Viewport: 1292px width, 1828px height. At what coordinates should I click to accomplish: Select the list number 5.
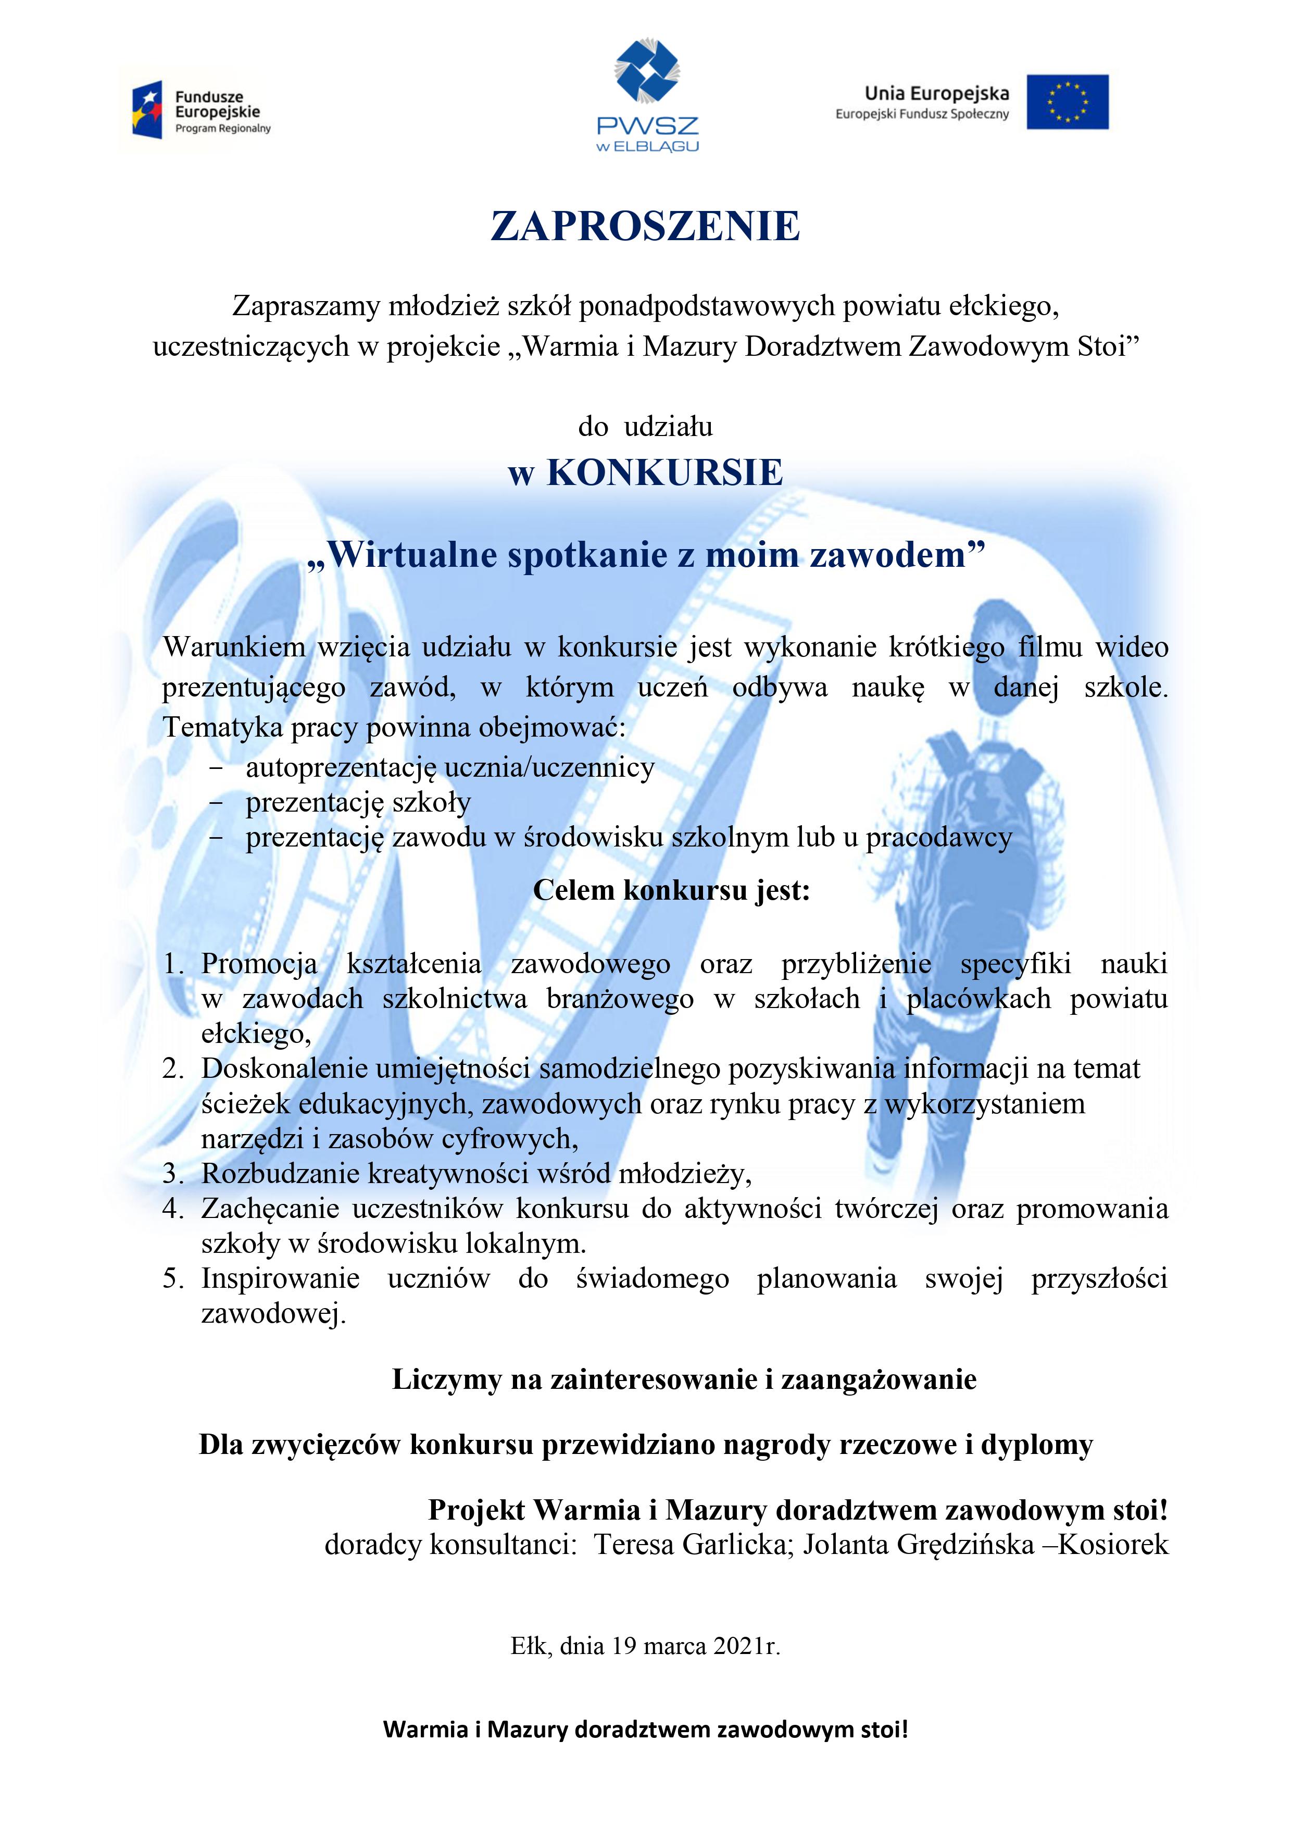click(173, 1278)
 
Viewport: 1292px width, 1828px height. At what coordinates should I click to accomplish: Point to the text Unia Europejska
click(936, 94)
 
